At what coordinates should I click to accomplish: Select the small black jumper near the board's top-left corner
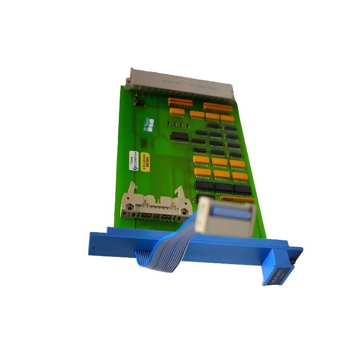coord(140,103)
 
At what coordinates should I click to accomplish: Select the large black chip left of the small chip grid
coord(180,136)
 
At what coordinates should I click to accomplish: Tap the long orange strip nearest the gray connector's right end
coord(218,108)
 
